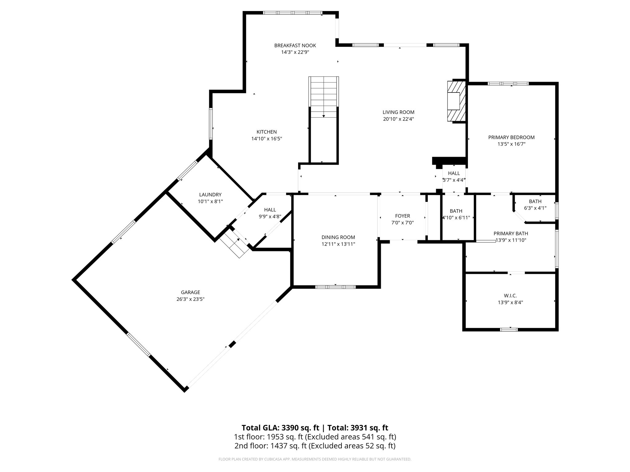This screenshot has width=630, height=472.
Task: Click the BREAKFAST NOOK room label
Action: [295, 45]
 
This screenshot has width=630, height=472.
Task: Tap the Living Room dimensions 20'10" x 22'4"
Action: [398, 119]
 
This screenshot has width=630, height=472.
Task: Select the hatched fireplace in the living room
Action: [457, 101]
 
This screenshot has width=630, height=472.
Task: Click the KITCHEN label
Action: [267, 132]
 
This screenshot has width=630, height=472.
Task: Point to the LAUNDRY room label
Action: [210, 195]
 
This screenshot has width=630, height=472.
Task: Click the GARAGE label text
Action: [190, 292]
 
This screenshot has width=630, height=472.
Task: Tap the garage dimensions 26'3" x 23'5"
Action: [190, 299]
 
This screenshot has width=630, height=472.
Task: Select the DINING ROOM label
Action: [338, 237]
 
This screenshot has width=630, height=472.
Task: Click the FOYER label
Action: [402, 216]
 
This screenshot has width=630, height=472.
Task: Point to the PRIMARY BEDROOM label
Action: [511, 137]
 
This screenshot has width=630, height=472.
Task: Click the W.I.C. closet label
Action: [510, 295]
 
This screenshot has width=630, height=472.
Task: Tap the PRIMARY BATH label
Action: [511, 234]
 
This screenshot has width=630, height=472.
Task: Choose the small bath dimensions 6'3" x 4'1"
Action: [535, 208]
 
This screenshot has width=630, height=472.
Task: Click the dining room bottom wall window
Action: [335, 287]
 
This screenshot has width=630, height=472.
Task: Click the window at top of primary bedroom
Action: [508, 83]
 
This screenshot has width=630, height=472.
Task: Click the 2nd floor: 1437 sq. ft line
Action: [314, 446]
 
